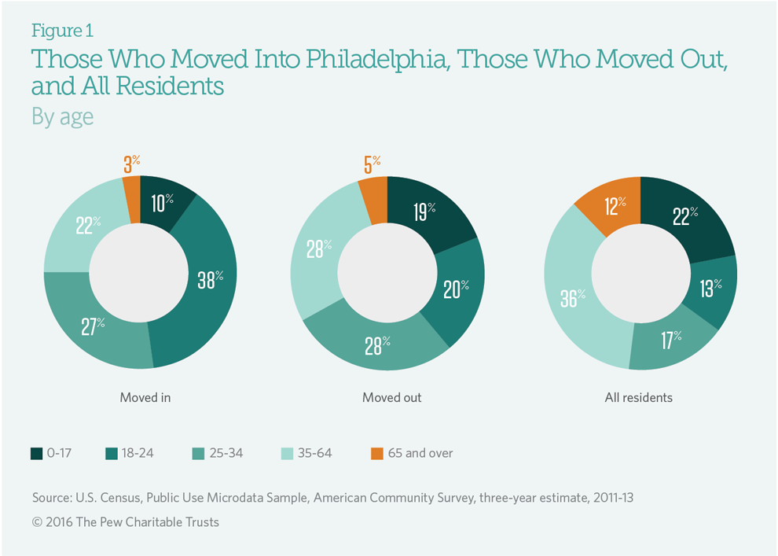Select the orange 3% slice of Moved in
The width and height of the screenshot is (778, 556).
click(x=131, y=189)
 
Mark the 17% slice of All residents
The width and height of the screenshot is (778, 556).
click(x=670, y=340)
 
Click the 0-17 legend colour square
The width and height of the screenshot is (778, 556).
click(x=37, y=453)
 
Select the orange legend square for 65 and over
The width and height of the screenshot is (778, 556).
click(x=376, y=453)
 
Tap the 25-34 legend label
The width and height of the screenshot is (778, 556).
click(x=223, y=453)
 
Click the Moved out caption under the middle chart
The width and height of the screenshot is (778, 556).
click(x=392, y=397)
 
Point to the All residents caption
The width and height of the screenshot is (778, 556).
click(x=638, y=397)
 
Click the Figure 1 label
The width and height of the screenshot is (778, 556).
click(x=62, y=31)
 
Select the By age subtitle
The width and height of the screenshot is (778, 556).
click(x=63, y=116)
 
